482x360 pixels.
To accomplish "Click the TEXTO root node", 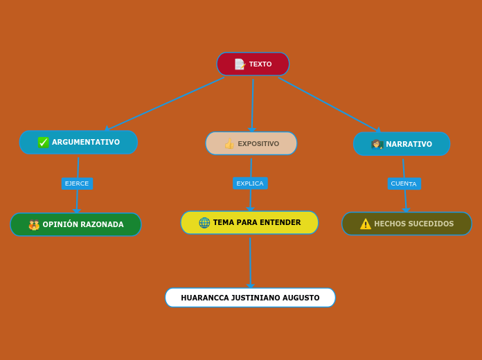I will click(x=253, y=64).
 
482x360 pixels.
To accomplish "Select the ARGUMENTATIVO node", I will click(x=78, y=143).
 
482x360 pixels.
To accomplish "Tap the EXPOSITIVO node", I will click(x=251, y=144).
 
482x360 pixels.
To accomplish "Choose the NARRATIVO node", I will click(x=402, y=144).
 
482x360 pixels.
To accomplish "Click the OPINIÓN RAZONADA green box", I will click(x=75, y=224).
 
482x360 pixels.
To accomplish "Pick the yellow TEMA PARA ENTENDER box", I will click(x=249, y=223).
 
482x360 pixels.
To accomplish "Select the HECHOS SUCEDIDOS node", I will click(x=407, y=224).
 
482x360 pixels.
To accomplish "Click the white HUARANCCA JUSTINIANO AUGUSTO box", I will click(x=250, y=298).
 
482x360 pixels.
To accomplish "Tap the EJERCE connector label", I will click(x=77, y=183).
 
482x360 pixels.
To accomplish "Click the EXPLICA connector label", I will click(x=250, y=183).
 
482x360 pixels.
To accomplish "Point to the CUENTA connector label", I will click(x=404, y=183).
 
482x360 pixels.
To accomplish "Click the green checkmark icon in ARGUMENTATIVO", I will click(x=44, y=143).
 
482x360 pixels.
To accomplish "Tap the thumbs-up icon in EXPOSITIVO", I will click(x=229, y=144).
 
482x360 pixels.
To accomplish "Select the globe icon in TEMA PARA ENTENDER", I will click(x=204, y=223).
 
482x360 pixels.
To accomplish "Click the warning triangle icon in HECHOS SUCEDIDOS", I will click(x=366, y=224).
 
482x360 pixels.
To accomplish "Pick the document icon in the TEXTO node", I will click(x=240, y=64).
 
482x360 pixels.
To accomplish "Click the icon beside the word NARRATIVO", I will click(x=377, y=144).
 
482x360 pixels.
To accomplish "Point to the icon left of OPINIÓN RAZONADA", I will click(x=34, y=224).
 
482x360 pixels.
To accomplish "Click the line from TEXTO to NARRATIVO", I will click(x=329, y=104).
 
